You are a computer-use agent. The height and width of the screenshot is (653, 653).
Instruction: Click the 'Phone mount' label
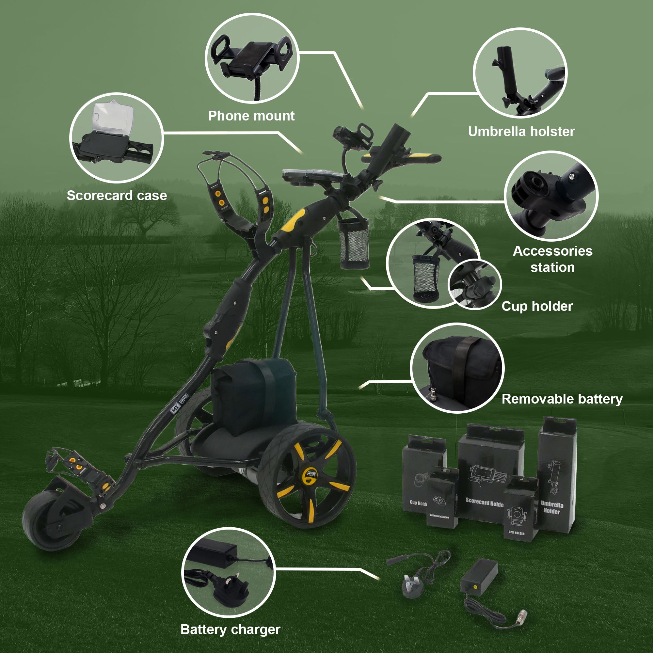click(251, 116)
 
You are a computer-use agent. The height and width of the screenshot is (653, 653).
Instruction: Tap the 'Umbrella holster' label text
click(521, 132)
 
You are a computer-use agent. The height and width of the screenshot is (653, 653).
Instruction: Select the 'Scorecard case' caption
click(117, 195)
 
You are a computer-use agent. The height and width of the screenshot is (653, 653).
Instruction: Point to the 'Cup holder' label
click(537, 306)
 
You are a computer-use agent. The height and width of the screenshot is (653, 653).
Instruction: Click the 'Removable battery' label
click(562, 399)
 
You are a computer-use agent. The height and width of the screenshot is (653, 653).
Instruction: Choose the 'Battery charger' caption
click(230, 629)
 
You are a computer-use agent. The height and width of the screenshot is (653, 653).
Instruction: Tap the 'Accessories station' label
click(552, 259)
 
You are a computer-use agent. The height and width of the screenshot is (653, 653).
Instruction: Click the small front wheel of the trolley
click(51, 520)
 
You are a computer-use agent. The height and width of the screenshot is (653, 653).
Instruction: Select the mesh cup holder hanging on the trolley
click(354, 243)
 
